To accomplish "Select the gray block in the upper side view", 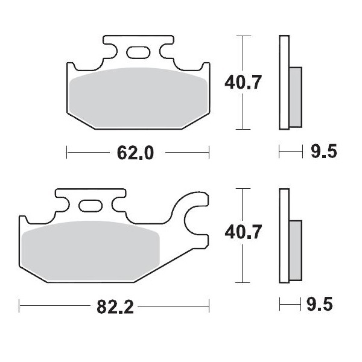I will (296, 96).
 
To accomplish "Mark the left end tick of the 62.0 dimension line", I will (66, 153).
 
